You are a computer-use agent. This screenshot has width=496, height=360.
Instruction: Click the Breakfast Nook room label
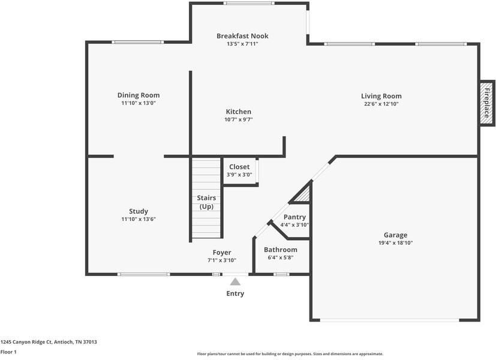click(242, 36)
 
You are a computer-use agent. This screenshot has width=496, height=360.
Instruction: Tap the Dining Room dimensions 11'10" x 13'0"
click(138, 103)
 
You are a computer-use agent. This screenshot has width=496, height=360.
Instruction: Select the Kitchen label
click(238, 112)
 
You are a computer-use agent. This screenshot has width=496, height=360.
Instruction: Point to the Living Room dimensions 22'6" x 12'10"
click(381, 104)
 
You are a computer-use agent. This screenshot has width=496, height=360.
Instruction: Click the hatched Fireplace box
click(486, 103)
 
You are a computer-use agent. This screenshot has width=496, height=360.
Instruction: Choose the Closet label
click(239, 167)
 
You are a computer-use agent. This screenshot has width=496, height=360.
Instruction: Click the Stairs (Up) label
click(206, 202)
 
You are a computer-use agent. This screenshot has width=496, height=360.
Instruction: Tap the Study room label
click(139, 211)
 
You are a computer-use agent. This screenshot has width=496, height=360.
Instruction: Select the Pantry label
click(294, 217)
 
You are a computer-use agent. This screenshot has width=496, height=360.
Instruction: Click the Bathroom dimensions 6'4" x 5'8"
click(280, 257)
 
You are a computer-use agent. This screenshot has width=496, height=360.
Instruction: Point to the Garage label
click(395, 235)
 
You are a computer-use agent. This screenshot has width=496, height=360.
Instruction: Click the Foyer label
click(222, 253)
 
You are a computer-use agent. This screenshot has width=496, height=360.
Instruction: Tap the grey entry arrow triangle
click(236, 281)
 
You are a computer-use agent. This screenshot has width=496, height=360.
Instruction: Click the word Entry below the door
click(235, 293)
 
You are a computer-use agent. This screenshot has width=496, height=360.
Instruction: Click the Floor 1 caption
click(8, 352)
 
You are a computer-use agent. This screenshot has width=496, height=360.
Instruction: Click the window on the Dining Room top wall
click(138, 42)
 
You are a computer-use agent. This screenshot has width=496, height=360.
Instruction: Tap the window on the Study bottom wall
click(144, 274)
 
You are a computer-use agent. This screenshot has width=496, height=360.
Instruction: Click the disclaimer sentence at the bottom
click(290, 354)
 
